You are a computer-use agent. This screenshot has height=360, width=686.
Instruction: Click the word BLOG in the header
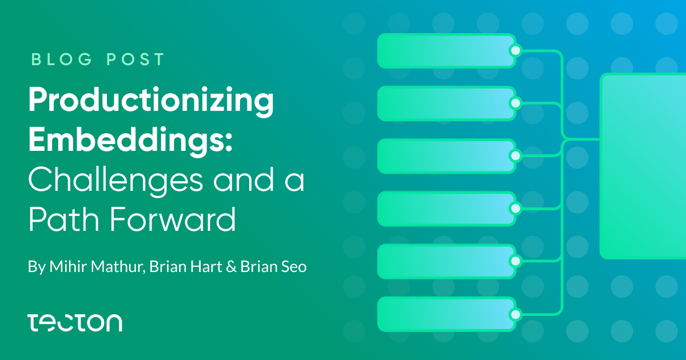point(62,59)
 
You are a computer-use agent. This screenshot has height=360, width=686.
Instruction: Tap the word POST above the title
point(135,59)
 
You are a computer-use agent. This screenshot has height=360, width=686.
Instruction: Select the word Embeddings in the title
point(126,139)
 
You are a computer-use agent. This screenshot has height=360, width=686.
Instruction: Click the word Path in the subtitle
point(63,219)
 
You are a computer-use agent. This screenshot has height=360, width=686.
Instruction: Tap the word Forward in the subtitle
point(173,219)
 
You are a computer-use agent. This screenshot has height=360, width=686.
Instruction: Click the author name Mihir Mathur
point(97,266)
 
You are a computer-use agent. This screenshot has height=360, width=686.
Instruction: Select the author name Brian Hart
point(186,266)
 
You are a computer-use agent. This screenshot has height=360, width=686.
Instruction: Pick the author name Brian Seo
point(273,266)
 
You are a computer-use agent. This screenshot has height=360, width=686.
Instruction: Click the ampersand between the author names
point(231,267)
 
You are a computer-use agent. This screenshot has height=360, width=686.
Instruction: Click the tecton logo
point(75,323)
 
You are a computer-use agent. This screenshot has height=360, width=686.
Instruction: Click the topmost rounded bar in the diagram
point(446,51)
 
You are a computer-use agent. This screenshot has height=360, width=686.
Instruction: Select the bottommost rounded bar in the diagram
point(446,314)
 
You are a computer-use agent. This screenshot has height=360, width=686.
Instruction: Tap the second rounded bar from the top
point(446,103)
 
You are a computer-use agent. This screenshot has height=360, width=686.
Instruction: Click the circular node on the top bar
point(516,50)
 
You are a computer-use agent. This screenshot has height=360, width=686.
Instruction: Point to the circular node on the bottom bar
point(516,314)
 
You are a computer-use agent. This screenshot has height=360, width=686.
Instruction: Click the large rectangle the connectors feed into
point(643,166)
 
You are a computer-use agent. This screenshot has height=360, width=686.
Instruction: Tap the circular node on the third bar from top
point(516,156)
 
